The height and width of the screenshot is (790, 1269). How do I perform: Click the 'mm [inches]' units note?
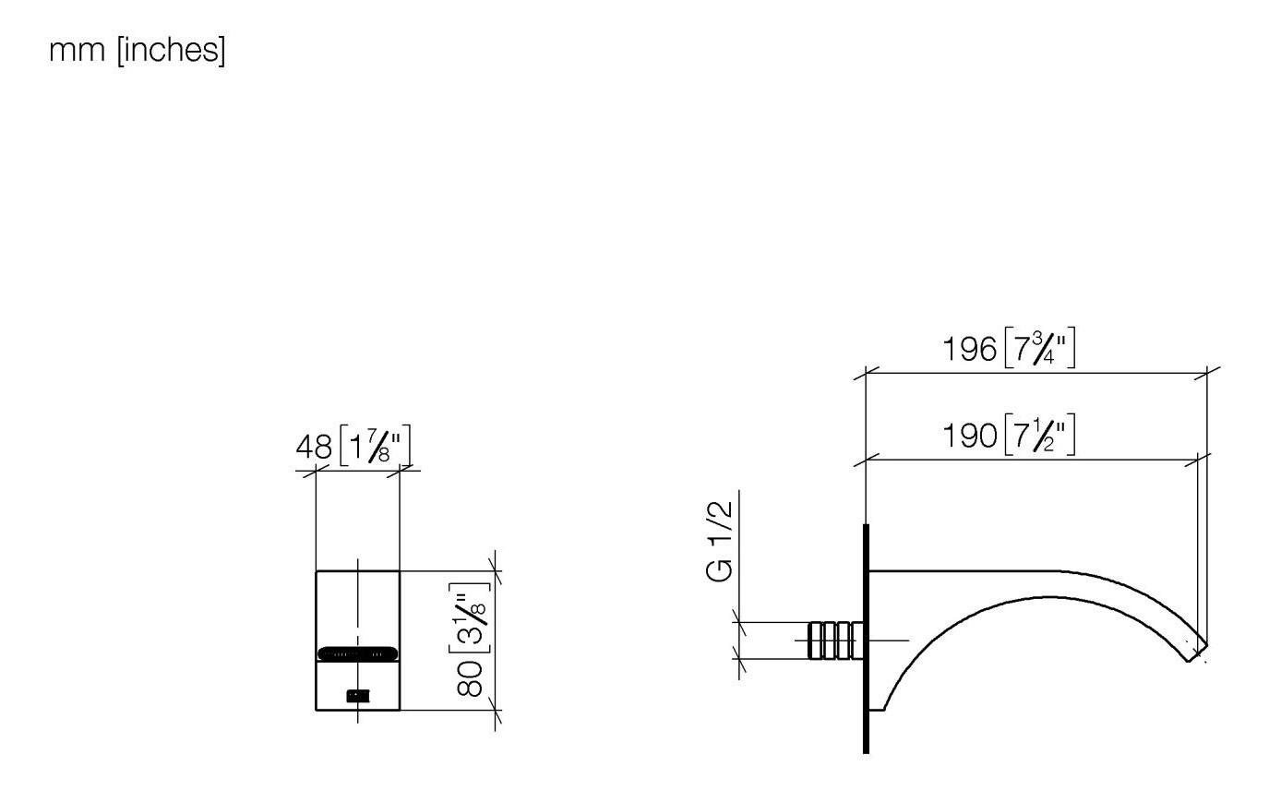tap(137, 52)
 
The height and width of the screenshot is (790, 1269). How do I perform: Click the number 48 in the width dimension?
tap(314, 448)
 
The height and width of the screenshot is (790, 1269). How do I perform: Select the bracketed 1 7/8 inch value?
tap(375, 448)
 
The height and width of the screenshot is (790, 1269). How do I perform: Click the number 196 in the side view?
tap(969, 350)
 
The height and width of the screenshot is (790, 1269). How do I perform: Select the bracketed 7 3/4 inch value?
tap(1039, 350)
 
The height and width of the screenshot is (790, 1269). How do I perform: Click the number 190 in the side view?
tap(969, 435)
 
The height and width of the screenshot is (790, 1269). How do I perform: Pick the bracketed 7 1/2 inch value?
tap(1039, 435)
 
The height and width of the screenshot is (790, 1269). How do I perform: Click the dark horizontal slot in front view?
tap(358, 653)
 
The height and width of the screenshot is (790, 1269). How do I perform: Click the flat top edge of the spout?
tap(960, 571)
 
